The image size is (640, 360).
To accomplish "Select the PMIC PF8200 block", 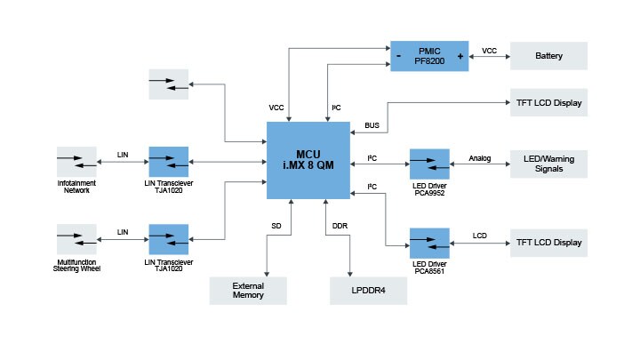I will coord(428,55).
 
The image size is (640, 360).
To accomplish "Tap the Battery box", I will coord(548,55).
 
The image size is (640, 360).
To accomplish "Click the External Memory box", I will coord(248,290).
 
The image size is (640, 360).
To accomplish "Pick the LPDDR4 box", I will coord(369,290).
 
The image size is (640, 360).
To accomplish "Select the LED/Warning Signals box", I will coord(548,164).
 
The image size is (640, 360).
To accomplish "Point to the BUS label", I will coord(372,125).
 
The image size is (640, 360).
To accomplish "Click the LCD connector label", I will coord(480,236).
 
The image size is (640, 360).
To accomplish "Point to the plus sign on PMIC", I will coord(460,55).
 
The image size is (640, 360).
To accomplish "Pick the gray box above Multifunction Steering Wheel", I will coord(76,242).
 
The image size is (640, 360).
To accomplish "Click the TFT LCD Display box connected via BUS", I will coord(548,103).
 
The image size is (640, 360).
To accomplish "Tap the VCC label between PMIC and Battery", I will coord(489,51).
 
